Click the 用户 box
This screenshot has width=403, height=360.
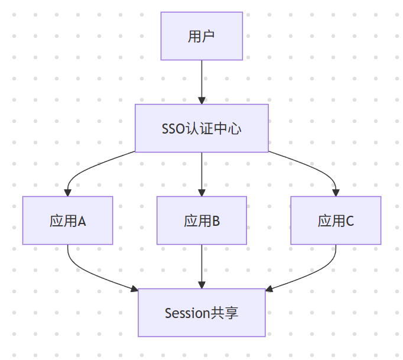coord(201,36)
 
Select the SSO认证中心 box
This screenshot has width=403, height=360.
coord(201,128)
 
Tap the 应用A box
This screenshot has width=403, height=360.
coord(68,220)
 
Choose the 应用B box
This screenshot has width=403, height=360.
coord(201,220)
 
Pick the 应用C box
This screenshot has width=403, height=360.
coord(336,220)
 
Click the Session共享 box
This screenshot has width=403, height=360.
coord(201,313)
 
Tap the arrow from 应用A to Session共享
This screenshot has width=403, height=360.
coord(89,274)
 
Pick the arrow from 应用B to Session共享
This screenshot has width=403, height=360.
coord(201,266)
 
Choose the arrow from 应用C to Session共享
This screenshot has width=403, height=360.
coord(314,274)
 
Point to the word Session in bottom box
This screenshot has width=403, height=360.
coord(187,313)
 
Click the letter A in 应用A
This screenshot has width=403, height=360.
coord(82,221)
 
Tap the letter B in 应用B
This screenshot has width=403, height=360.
coord(216,221)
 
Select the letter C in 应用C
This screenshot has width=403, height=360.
coord(350,221)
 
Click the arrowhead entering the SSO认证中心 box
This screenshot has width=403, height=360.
coord(201,100)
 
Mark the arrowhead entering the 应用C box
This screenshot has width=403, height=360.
coord(336,192)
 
